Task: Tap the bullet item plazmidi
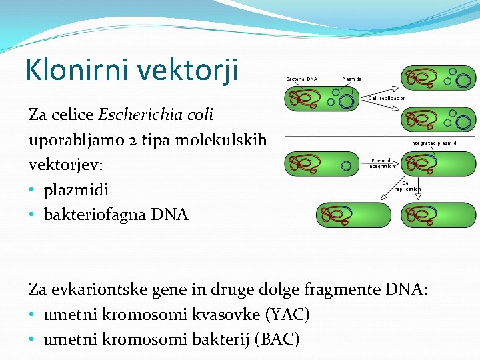pos(75,189)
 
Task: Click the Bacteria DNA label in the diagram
pos(301,79)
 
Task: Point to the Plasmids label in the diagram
pos(351,79)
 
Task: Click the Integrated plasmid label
pos(433,142)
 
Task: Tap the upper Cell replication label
pos(387,98)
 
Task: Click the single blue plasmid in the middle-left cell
pos(346,165)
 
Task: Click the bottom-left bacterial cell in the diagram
pos(353,215)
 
